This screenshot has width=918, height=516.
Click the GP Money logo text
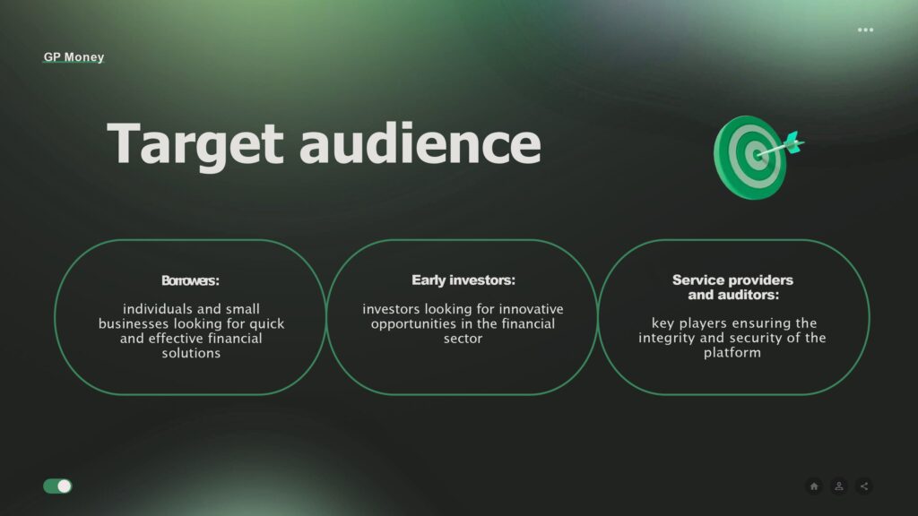74,56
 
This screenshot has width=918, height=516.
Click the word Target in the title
195,144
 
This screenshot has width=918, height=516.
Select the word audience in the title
420,143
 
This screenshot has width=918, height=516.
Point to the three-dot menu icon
865,30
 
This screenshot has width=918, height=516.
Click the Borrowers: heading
190,280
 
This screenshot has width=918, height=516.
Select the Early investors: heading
463,280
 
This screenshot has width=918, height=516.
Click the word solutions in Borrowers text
191,353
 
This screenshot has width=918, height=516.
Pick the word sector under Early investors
463,339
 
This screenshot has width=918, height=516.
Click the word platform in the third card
732,353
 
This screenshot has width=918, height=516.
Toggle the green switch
57,486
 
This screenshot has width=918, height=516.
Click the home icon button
814,486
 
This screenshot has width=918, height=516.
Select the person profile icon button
839,486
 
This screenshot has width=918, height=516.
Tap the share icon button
864,486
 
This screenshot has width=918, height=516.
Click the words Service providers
732,280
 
